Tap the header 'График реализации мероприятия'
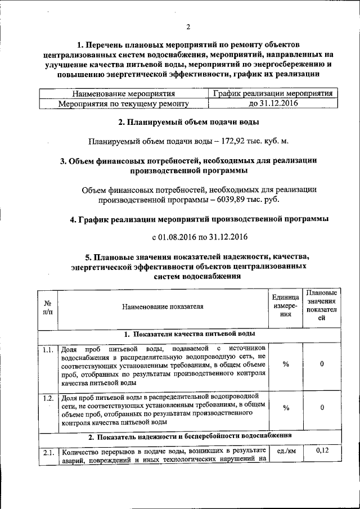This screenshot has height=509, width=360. pyautogui.click(x=273, y=93)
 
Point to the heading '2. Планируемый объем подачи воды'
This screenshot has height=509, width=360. pyautogui.click(x=188, y=122)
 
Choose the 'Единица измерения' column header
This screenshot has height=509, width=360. pyautogui.click(x=286, y=307)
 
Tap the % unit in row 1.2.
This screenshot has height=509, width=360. pyautogui.click(x=286, y=408)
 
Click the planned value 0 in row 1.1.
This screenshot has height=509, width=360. pyautogui.click(x=322, y=364)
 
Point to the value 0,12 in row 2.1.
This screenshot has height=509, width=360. pyautogui.click(x=322, y=451)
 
